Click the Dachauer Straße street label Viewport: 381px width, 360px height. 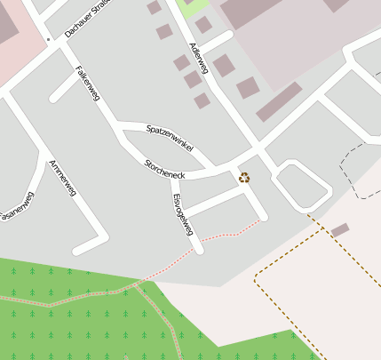(88, 18)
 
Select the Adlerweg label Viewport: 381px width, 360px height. (198, 58)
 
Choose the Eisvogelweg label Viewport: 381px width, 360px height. (183, 213)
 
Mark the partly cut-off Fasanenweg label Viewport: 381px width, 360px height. (16, 208)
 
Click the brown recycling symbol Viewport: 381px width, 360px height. (244, 177)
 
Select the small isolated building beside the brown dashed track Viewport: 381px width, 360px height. (340, 230)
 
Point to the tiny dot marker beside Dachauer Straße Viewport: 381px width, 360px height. (47, 40)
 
